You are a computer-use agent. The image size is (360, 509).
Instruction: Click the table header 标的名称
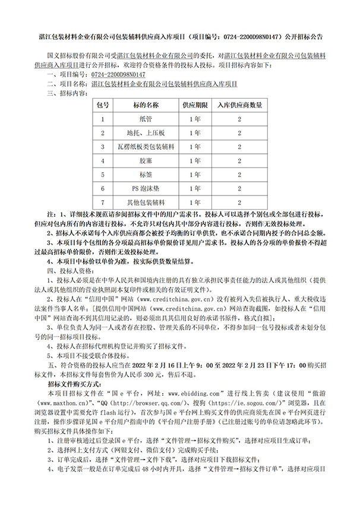tap(146, 105)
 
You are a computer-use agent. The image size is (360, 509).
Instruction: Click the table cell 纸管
tap(146, 119)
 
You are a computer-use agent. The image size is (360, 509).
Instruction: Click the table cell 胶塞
tap(146, 160)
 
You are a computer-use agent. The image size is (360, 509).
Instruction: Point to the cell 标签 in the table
tap(146, 175)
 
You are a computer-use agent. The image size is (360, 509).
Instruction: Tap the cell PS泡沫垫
tap(146, 188)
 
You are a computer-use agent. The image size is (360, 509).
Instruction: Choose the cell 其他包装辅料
tap(146, 202)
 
